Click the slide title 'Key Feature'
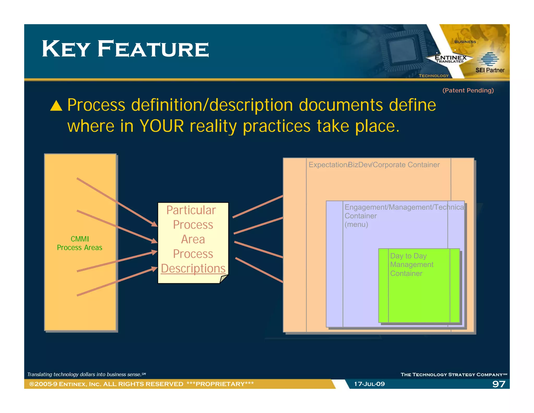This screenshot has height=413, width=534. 125,49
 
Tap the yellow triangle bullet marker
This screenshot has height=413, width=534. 56,106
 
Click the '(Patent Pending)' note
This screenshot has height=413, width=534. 468,90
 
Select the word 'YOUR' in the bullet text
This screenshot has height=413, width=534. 162,126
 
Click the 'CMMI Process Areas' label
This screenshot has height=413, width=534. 80,243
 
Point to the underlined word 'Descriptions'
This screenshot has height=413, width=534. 193,268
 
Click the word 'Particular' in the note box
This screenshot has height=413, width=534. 191,210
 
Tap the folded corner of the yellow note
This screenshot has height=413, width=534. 223,279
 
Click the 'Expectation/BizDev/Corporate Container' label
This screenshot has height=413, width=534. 374,165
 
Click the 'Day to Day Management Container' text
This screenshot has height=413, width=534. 411,264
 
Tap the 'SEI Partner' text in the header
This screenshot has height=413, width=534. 490,70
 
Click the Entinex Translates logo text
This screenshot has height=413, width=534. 450,58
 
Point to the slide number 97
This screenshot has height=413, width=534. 498,384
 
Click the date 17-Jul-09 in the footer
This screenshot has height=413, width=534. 369,384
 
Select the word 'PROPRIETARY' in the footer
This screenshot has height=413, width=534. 220,384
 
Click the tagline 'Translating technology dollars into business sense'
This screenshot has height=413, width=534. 86,374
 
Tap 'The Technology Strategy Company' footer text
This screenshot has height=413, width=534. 453,375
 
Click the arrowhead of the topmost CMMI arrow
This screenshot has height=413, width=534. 155,224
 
